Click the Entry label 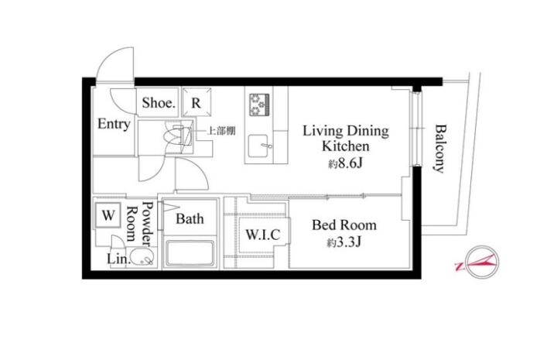[114, 124]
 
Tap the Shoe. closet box [158, 102]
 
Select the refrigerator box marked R [196, 102]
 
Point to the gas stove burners [259, 105]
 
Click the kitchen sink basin [258, 146]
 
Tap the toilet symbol [179, 135]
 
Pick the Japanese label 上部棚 [221, 131]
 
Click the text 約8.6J [345, 163]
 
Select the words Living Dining [346, 131]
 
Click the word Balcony [440, 148]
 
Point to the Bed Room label [344, 225]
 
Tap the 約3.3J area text [343, 242]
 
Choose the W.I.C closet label [263, 235]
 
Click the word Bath [190, 218]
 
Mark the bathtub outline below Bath [190, 253]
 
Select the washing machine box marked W [108, 215]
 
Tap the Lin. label [118, 259]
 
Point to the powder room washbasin [142, 257]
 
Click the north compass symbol [481, 262]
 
